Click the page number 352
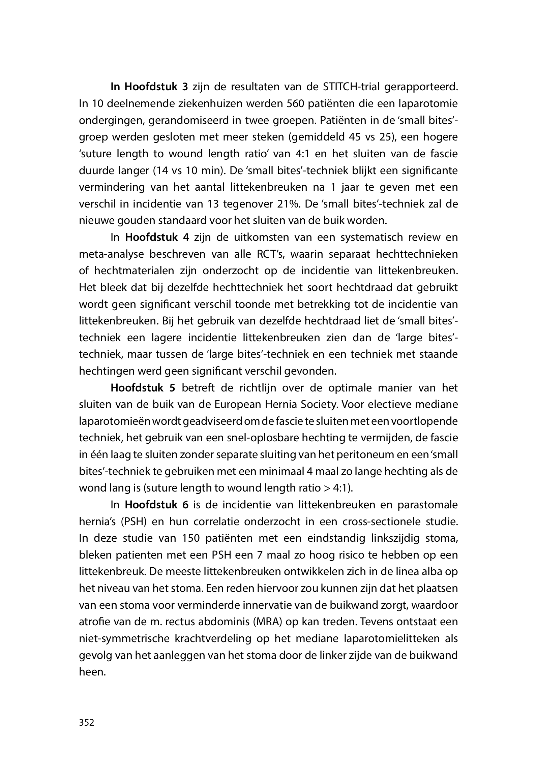coord(86,723)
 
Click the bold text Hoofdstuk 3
coord(156,87)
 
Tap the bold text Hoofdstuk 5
coord(143,388)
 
